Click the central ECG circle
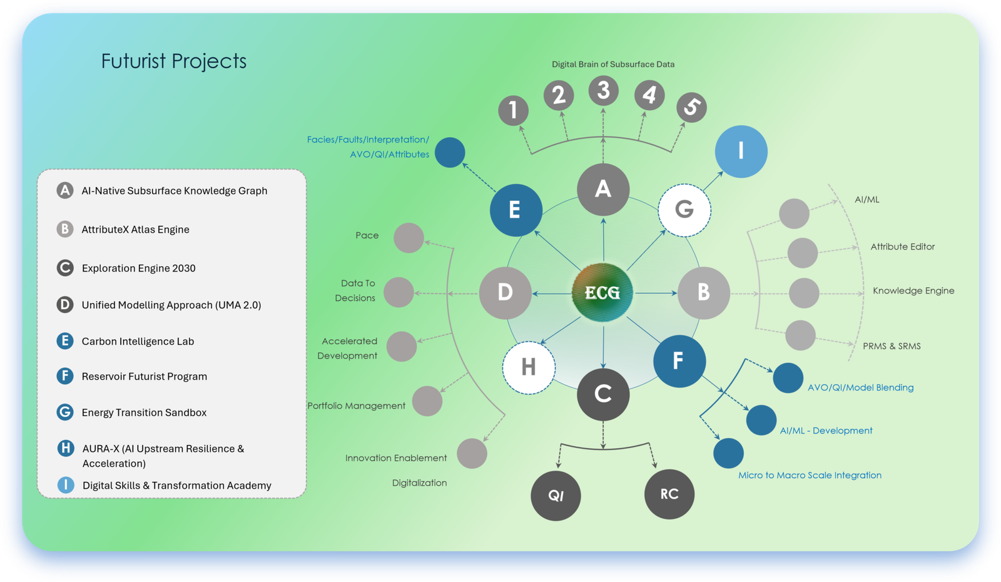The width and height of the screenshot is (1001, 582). click(602, 292)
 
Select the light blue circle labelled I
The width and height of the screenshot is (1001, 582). click(741, 151)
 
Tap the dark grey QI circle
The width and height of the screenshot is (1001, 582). click(556, 496)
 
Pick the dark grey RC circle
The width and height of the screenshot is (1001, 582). click(669, 494)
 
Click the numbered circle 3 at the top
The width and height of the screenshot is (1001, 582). click(603, 91)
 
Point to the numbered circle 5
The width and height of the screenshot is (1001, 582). click(691, 107)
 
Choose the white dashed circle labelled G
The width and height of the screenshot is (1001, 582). click(684, 210)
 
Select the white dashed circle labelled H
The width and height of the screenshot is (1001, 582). click(529, 367)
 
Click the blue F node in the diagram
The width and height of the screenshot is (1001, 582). click(679, 361)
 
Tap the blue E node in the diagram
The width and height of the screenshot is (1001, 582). click(516, 210)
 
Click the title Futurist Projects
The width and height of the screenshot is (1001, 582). click(174, 61)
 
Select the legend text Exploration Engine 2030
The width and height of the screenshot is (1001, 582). click(138, 268)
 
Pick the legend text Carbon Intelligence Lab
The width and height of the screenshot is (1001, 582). click(138, 342)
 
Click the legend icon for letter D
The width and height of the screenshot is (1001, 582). click(65, 305)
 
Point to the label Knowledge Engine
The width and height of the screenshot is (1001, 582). click(913, 290)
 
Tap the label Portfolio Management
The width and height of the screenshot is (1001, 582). click(356, 406)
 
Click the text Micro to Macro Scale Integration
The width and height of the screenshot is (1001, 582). click(810, 475)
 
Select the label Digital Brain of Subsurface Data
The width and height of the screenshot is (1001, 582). click(613, 64)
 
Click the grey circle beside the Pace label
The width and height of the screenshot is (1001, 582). click(409, 238)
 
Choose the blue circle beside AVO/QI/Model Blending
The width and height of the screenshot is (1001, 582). click(788, 378)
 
